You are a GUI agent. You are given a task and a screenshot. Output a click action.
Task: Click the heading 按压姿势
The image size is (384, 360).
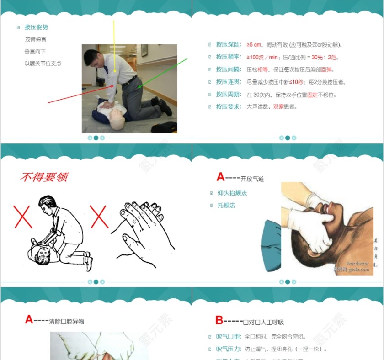coord(36,27)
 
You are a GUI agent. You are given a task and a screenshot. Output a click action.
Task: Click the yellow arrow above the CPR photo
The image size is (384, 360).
coord(114,46)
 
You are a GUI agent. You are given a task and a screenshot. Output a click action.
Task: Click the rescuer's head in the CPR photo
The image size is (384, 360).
coord(91,58)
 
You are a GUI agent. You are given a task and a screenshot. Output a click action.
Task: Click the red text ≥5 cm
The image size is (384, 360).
coord(254,45)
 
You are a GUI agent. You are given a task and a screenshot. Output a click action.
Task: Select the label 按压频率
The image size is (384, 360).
coord(228,57)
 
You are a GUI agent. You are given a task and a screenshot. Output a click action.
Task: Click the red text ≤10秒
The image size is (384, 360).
coord(296,82)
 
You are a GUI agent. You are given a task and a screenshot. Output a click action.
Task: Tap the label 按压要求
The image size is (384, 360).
coord(228,107)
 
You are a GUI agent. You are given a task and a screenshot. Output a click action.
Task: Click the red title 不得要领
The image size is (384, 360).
coord(44,177)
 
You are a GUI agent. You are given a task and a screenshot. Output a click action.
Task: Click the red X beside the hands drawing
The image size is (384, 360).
coord(99,217)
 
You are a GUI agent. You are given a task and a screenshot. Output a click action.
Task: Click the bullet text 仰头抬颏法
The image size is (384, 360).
coord(232,193)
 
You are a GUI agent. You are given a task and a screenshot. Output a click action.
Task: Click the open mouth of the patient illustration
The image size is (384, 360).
coord(329,209)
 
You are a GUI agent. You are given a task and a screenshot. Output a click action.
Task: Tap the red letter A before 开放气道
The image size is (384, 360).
coord(220,177)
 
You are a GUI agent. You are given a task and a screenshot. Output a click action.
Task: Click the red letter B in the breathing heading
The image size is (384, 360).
coord(219,320)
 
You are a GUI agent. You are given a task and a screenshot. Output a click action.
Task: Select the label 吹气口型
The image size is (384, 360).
coord(228,337)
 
